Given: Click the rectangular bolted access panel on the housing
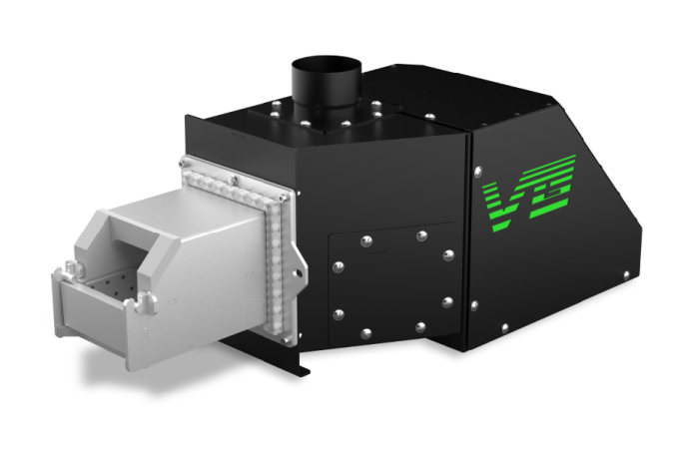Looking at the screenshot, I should point(391,279).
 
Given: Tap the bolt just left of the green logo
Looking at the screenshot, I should point(474,167).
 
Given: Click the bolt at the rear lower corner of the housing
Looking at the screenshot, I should point(626,272).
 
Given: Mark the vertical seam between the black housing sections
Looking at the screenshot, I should point(466,239).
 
